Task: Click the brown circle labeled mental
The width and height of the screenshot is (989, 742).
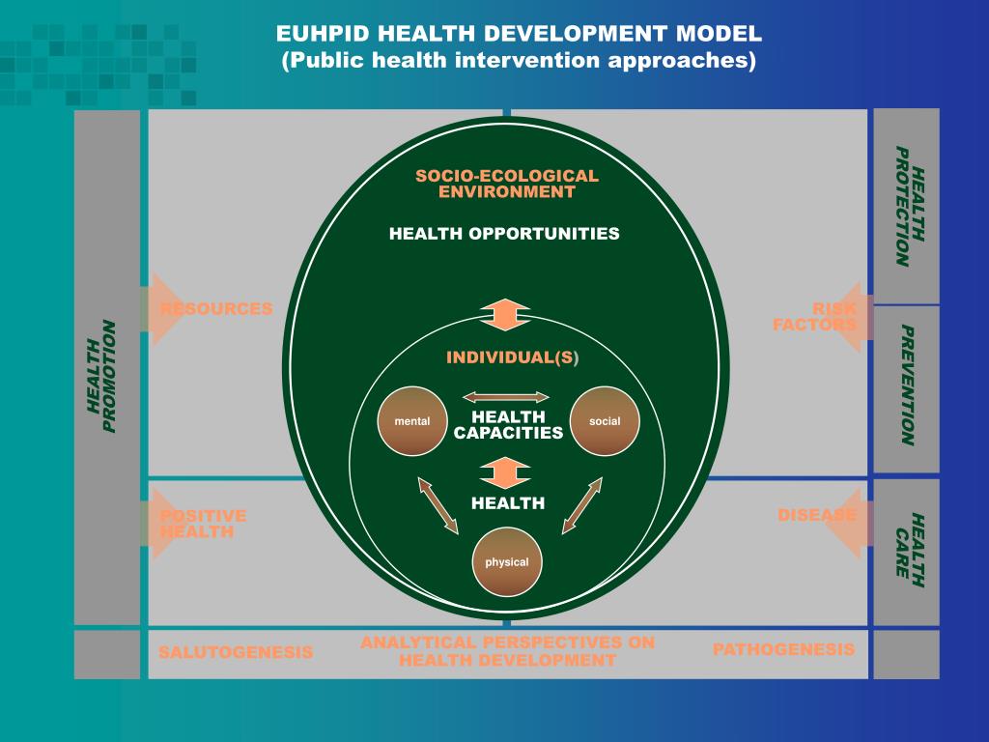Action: (412, 421)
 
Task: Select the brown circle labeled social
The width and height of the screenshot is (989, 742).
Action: (605, 421)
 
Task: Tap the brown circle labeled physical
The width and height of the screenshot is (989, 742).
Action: (507, 562)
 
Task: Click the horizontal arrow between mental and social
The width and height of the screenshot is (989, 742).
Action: (507, 396)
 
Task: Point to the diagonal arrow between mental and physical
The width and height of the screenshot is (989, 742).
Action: (438, 504)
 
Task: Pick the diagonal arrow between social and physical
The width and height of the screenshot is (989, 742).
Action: (582, 504)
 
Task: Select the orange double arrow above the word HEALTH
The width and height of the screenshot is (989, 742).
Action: (506, 472)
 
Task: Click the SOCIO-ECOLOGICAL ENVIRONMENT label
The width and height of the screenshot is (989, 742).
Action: (507, 184)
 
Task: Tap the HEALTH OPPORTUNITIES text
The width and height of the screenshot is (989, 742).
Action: (504, 234)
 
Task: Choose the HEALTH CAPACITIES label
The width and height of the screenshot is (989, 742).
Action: (508, 424)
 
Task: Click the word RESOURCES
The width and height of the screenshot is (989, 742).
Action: (216, 309)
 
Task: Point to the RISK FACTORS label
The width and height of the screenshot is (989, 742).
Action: (816, 317)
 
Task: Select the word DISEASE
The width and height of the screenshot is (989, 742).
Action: (817, 515)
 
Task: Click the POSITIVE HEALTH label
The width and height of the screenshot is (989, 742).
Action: (204, 524)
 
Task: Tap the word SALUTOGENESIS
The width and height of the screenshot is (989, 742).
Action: (236, 652)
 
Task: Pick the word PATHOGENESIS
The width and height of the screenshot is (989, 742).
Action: (783, 649)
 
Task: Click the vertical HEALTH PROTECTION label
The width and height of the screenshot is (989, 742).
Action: (908, 206)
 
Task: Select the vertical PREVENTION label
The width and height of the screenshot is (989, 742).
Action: (907, 385)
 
